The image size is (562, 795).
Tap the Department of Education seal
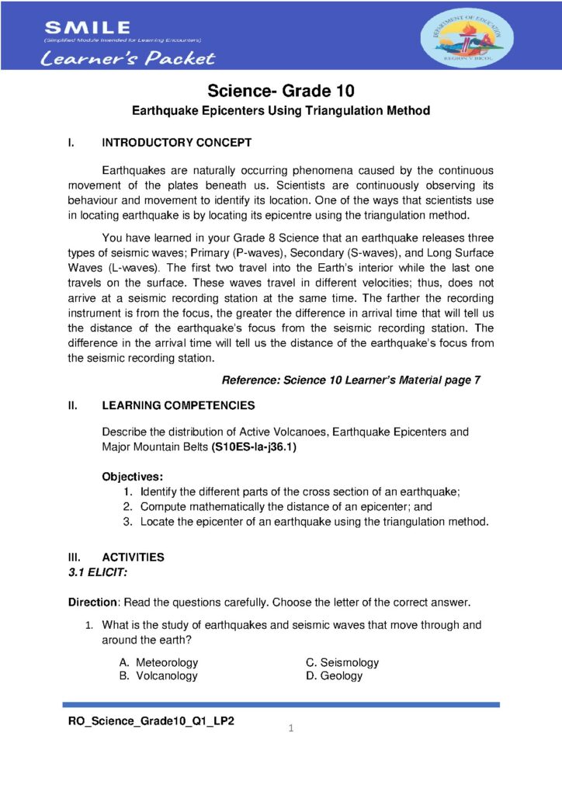pos(466,36)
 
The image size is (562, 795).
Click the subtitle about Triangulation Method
pos(280,111)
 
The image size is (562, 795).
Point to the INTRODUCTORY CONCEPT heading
pos(176,143)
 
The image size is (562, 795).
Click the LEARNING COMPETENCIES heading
pos(178,405)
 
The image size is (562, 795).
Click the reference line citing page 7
pos(351,380)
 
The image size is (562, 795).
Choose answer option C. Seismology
pos(342,662)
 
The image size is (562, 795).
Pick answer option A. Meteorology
pos(159,662)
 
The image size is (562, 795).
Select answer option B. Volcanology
pos(158,675)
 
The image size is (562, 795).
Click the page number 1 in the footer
pos(290,728)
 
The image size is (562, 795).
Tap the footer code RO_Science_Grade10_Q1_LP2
pos(152,721)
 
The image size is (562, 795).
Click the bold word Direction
pos(92,602)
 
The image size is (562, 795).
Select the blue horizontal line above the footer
pos(280,705)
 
